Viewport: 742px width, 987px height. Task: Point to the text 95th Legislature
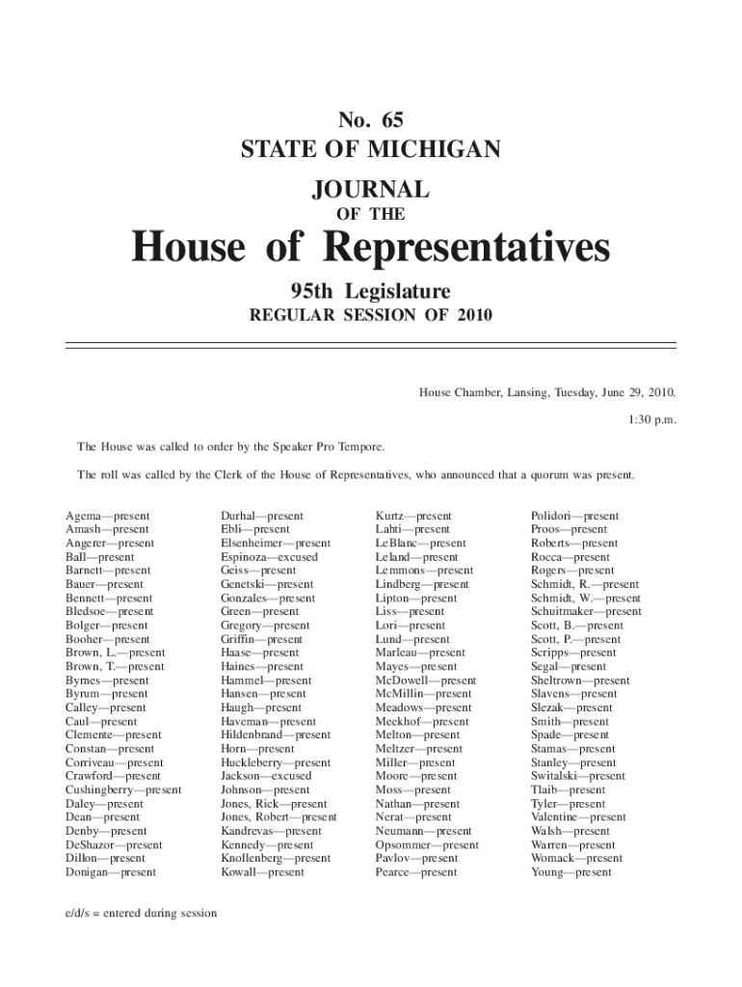click(x=371, y=291)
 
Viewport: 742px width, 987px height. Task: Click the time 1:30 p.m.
click(x=651, y=420)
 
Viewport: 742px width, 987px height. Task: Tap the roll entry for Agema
click(x=107, y=516)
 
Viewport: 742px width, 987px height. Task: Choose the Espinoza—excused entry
click(x=269, y=557)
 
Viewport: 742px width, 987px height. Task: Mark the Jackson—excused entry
click(x=266, y=776)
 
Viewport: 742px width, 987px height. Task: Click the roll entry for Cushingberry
click(x=122, y=789)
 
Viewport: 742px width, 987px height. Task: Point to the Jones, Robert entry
click(x=278, y=817)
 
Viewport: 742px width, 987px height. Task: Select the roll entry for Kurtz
click(x=413, y=516)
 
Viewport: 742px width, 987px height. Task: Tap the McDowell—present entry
click(x=426, y=680)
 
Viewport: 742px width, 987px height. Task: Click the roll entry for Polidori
click(x=574, y=516)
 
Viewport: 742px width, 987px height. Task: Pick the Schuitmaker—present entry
click(x=586, y=611)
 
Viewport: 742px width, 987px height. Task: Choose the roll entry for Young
click(x=570, y=872)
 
